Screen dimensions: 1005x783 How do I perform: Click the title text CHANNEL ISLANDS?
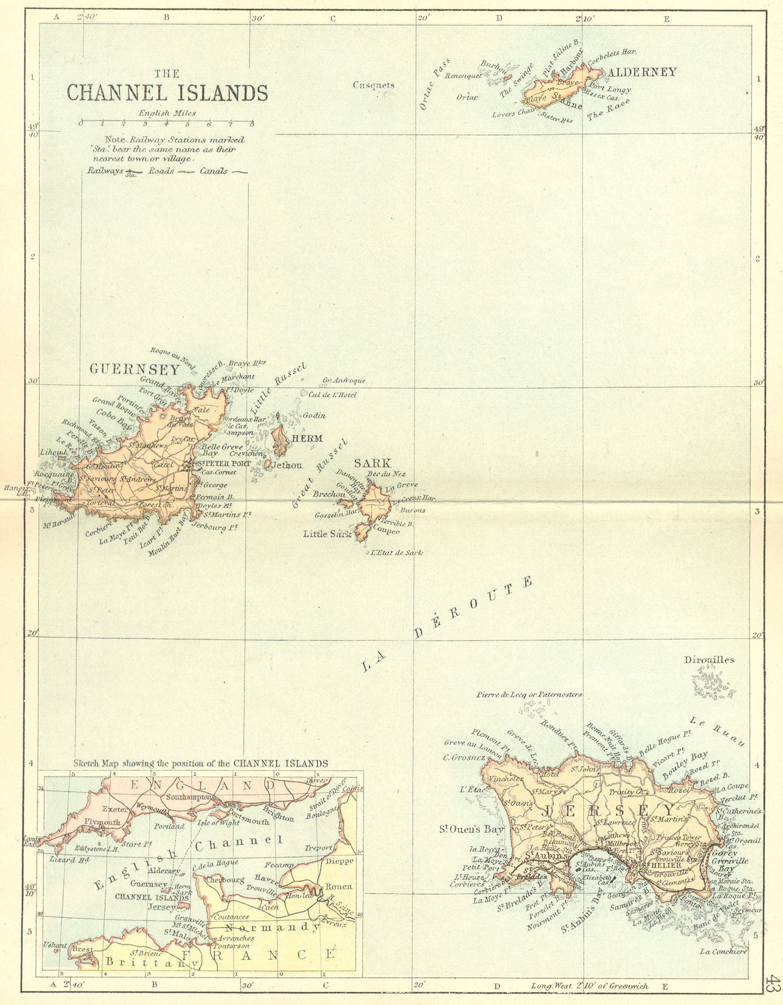click(167, 93)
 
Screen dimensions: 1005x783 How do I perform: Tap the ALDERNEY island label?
click(642, 72)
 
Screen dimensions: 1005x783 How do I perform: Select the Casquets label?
click(374, 85)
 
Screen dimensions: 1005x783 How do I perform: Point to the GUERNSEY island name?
click(135, 369)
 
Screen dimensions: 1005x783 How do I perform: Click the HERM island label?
click(307, 438)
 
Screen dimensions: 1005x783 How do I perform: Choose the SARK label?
click(372, 464)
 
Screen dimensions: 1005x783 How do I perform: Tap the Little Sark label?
click(327, 534)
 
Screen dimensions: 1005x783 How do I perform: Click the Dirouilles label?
click(709, 660)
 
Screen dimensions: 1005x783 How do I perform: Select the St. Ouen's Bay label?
click(472, 829)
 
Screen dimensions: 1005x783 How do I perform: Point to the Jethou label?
click(287, 465)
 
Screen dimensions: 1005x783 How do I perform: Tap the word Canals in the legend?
click(214, 171)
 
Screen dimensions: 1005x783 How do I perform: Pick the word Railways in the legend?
click(105, 171)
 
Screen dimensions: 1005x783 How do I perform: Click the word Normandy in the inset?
click(273, 927)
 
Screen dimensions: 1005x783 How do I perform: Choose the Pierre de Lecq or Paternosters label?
click(529, 695)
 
